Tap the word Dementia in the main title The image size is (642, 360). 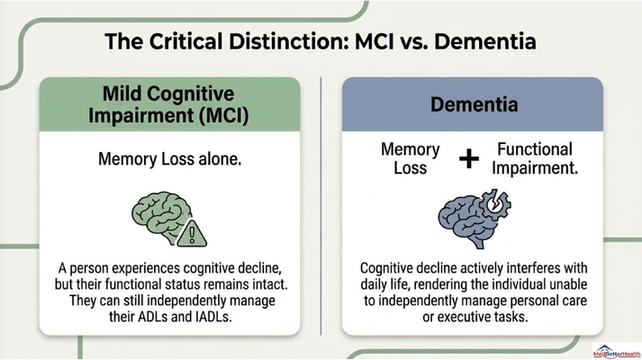coord(485,41)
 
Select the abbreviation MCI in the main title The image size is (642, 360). coord(372,41)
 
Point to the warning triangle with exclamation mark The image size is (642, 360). coord(192,234)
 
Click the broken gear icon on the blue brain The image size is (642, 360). coord(496,202)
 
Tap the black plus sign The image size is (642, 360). coord(469,158)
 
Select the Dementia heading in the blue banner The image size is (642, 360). coord(474,104)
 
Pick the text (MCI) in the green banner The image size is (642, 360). coord(224,115)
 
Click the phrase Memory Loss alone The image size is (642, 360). coord(170,158)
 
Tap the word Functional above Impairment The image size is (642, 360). coord(535,149)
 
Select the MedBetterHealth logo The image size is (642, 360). coord(616,352)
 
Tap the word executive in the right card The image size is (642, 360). coord(460,317)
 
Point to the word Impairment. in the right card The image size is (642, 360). coord(535,168)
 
